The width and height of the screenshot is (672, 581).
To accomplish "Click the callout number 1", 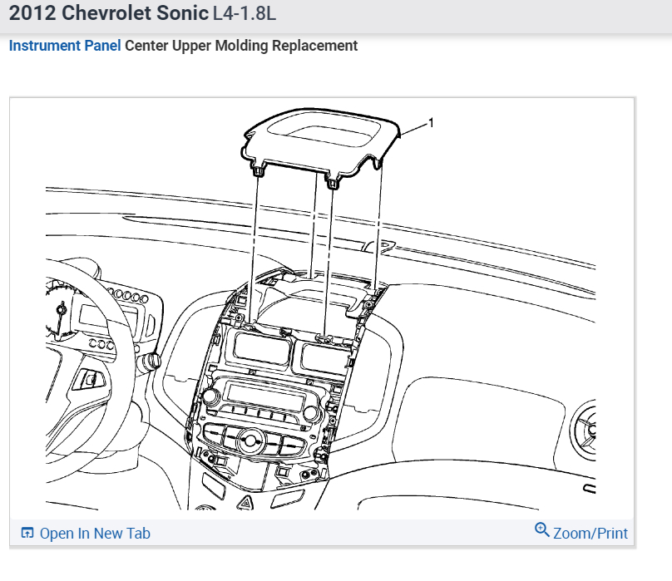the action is click(x=431, y=123).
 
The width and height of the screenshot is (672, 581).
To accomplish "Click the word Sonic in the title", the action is click(x=170, y=15).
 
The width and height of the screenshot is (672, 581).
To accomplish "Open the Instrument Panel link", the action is click(x=65, y=46).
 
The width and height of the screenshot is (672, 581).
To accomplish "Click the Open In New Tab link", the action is click(x=95, y=534).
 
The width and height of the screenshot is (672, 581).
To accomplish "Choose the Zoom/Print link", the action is click(x=590, y=534).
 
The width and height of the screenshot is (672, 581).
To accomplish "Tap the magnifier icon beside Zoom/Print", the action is click(x=542, y=530).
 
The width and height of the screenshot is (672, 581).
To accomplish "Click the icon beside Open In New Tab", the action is click(x=27, y=534).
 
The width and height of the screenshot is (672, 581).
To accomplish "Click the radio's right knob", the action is click(x=313, y=412).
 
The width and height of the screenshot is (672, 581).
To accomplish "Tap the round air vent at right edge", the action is click(x=588, y=429).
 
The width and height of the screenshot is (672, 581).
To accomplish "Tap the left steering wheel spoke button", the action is click(x=89, y=381).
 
